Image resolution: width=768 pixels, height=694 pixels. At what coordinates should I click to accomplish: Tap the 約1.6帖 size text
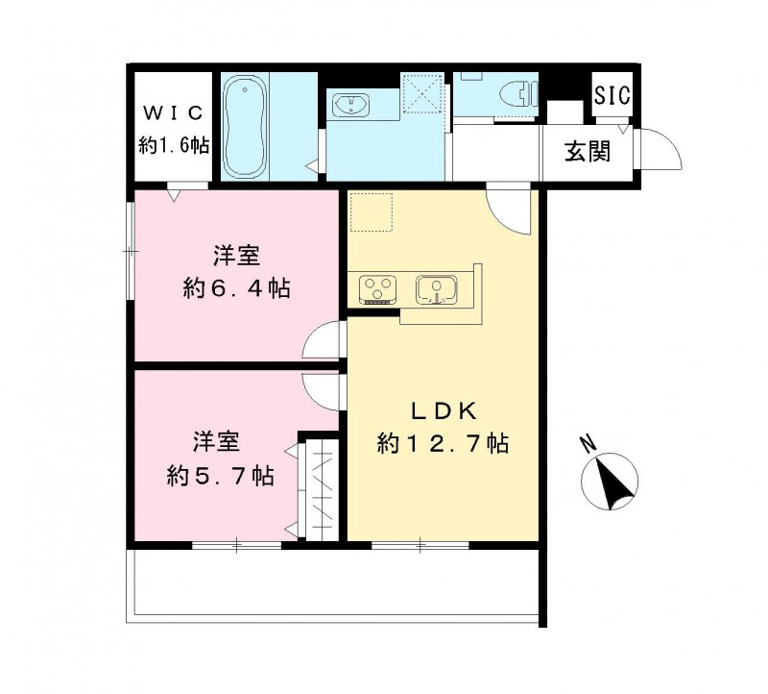[x=170, y=145]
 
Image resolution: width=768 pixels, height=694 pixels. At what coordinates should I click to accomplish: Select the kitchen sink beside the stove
[x=437, y=288]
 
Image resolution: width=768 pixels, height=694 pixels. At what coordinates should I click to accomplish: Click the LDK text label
[x=443, y=411]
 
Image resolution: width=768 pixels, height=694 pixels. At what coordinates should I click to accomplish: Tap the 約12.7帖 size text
[x=443, y=444]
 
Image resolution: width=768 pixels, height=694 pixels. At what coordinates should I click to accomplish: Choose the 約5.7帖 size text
[x=220, y=474]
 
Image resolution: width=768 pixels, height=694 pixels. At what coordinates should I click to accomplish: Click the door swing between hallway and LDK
[x=508, y=209]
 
